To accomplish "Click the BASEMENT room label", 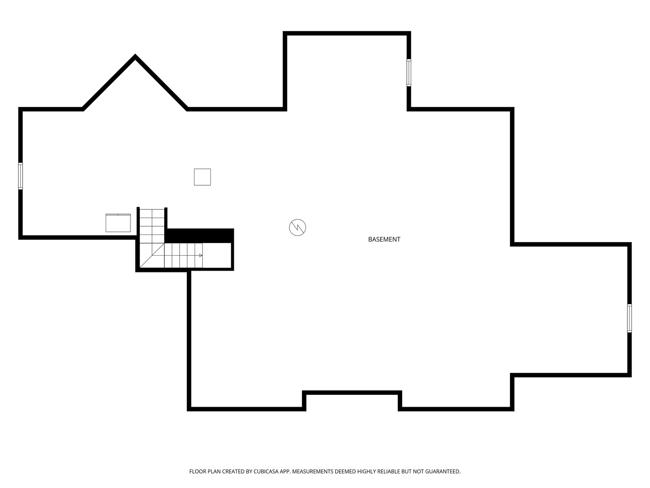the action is [384, 239].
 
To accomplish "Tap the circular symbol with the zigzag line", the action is [297, 228].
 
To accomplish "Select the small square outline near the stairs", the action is [202, 177].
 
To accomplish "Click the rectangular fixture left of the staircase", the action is [118, 223].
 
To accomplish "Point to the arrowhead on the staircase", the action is [201, 255].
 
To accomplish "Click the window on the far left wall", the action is [20, 176].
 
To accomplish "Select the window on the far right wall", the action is [630, 318].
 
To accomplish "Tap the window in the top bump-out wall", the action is [409, 73].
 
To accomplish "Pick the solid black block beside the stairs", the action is [199, 235].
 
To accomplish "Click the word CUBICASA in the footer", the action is [266, 471].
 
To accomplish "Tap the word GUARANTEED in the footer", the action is [443, 471].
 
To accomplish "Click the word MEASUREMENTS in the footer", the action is [313, 471].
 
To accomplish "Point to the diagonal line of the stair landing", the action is [152, 255].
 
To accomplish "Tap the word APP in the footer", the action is [285, 471].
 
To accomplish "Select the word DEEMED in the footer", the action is [345, 471].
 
